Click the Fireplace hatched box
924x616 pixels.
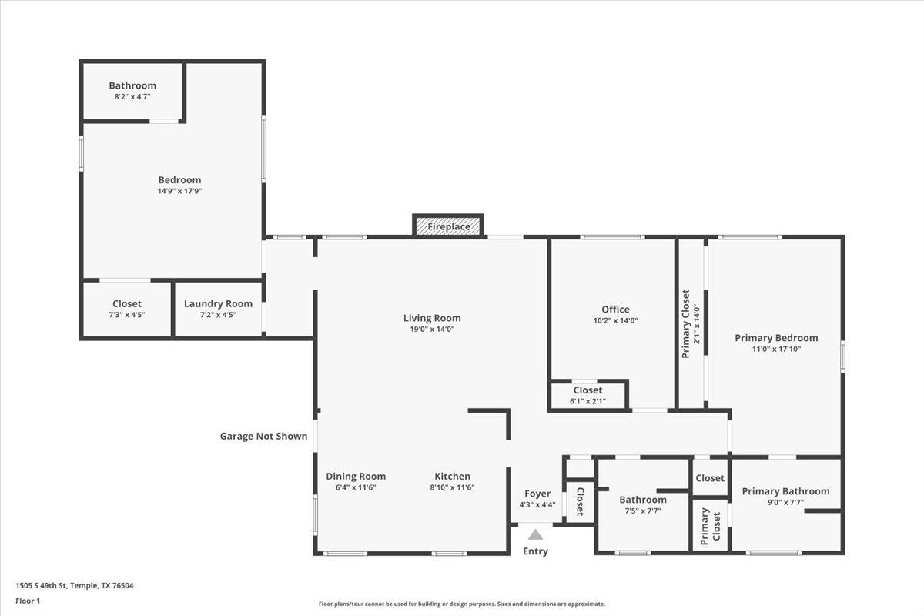click(448, 226)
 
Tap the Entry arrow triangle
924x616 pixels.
click(535, 534)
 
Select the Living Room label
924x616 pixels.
click(432, 318)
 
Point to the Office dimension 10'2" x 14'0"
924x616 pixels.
click(615, 321)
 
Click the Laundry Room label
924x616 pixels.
click(218, 304)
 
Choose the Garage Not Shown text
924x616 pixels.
click(263, 437)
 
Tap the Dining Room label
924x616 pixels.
click(356, 477)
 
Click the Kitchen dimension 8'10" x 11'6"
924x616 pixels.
click(452, 487)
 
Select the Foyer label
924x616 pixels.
click(537, 494)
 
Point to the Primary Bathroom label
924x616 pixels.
click(785, 491)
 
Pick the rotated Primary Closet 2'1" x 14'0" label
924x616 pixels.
click(690, 323)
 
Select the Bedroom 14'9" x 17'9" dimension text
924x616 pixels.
click(179, 191)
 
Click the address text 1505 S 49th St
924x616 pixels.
click(75, 586)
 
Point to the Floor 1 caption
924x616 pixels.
click(28, 601)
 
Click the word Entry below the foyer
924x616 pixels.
click(535, 551)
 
